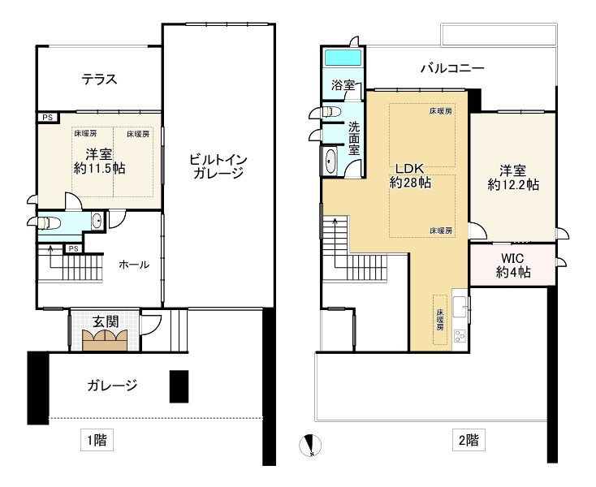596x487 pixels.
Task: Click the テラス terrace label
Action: tap(99, 79)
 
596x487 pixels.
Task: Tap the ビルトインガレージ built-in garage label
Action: tap(218, 166)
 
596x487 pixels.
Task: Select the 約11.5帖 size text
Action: tap(99, 168)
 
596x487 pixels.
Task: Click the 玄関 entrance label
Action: tap(106, 322)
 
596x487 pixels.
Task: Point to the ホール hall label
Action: tap(134, 265)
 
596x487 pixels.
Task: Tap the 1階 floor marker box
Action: tap(97, 440)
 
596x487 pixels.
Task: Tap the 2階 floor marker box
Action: tap(469, 440)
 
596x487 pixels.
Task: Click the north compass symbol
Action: tap(310, 445)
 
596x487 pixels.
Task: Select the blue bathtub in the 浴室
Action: tap(343, 58)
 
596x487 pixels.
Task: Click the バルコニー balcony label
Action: tap(452, 68)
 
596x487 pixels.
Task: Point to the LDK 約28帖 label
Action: tap(410, 176)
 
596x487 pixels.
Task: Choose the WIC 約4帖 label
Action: tap(513, 265)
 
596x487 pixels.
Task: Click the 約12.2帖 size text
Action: tap(513, 185)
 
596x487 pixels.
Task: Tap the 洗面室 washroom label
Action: tap(354, 138)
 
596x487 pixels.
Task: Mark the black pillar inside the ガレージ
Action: tap(179, 386)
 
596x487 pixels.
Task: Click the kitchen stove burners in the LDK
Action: tap(460, 335)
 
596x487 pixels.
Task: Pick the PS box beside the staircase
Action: tap(74, 249)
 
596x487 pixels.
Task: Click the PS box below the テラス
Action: tap(48, 118)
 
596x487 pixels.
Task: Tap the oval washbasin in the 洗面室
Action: tap(330, 161)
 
